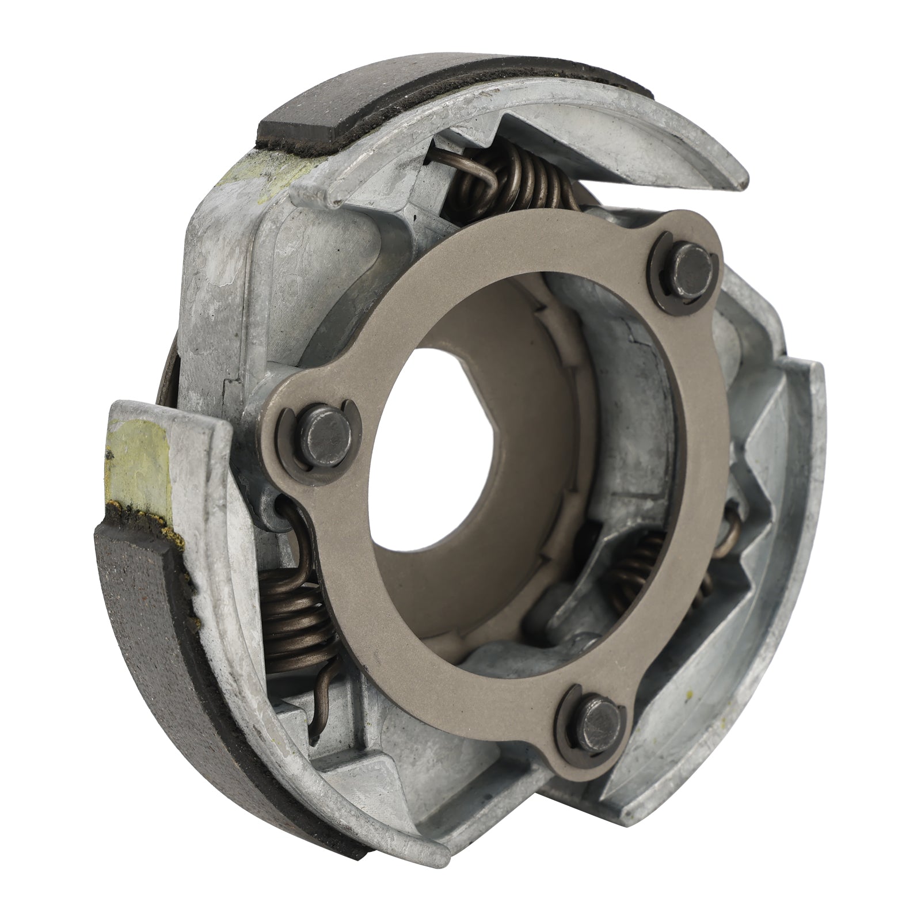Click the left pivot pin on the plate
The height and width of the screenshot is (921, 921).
[315, 424]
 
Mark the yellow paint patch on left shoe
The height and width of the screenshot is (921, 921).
[138, 455]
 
